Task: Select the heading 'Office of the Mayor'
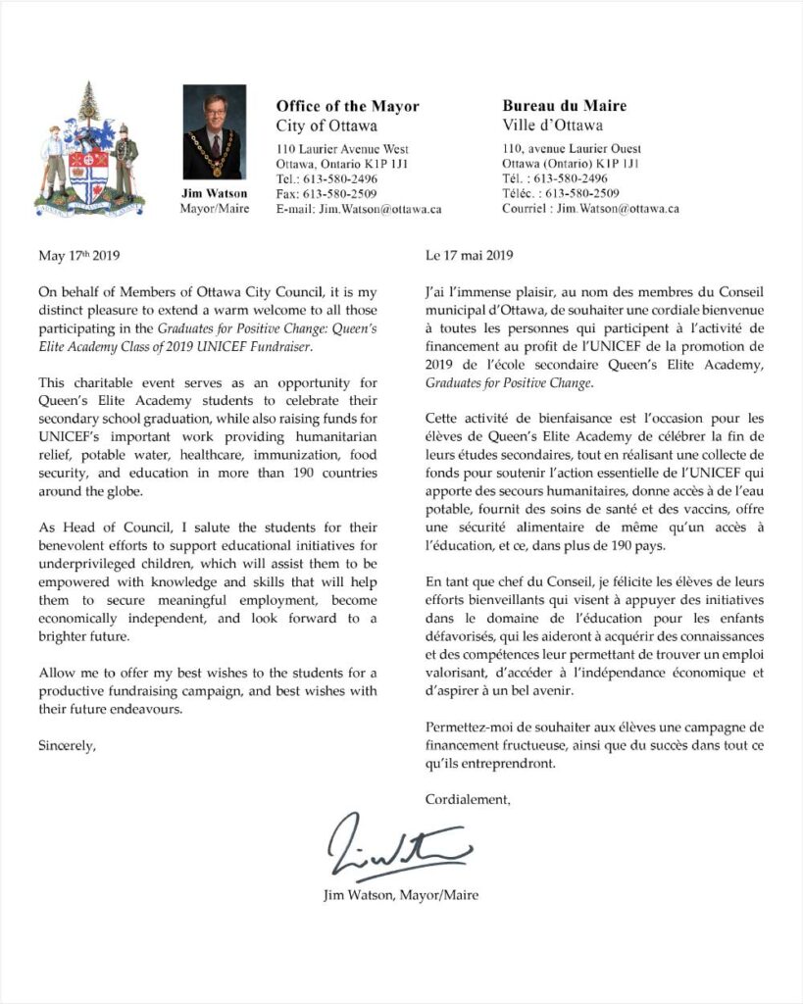coord(347,106)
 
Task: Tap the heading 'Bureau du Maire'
coord(564,106)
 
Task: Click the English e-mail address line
coord(359,209)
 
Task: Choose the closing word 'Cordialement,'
coord(468,799)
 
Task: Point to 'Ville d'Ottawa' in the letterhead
coord(552,125)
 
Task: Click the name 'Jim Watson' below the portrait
coord(212,193)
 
